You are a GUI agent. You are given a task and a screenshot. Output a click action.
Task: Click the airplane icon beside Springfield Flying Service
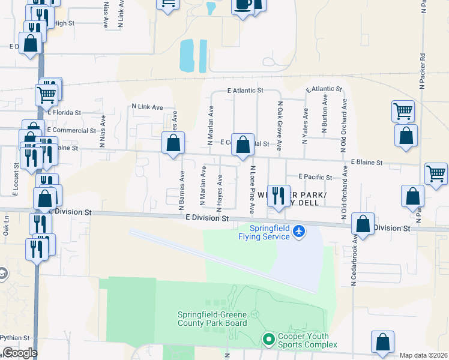coord(299,232)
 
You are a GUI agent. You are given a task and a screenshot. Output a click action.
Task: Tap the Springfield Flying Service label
coord(270,232)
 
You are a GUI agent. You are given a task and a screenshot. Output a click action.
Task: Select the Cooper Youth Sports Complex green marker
coord(270,340)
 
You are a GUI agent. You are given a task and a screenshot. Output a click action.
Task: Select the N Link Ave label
coord(148,107)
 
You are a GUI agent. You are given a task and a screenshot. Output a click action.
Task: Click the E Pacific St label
coord(316,177)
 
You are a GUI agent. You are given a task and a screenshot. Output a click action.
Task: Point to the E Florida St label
coord(65,112)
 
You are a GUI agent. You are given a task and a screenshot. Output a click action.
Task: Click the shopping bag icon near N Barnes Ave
coord(173,143)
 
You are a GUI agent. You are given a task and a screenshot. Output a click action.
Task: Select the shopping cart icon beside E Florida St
coord(46,94)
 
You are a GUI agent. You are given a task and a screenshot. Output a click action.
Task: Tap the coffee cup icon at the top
coord(243,5)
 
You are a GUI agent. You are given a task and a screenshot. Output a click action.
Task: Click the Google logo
coord(20,353)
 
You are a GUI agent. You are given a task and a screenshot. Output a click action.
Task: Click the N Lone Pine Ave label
coord(253,191)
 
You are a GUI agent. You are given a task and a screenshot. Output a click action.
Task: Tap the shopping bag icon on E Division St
coord(363,224)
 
